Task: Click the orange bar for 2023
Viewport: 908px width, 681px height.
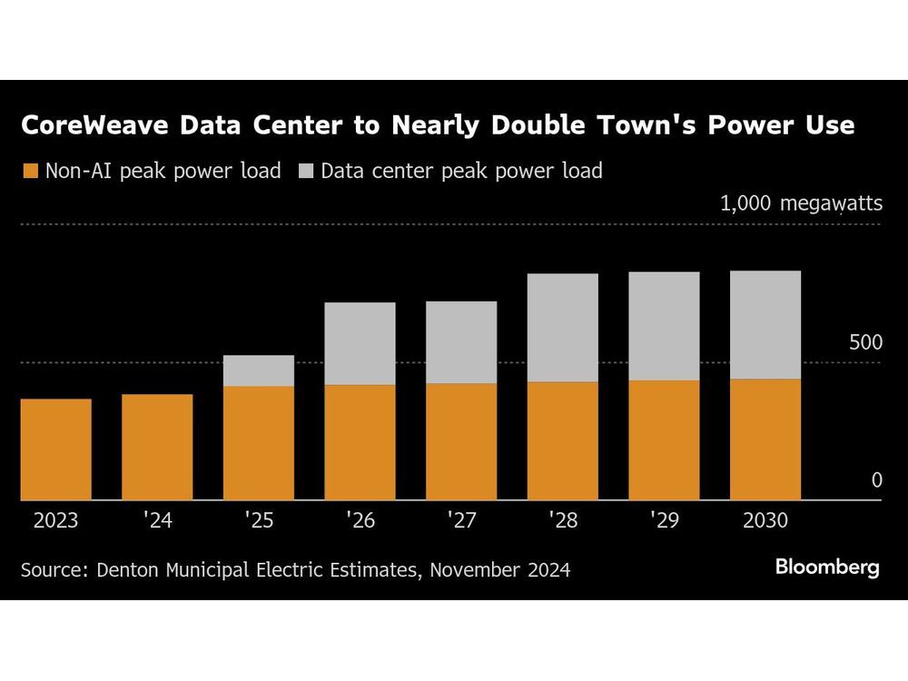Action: (x=55, y=449)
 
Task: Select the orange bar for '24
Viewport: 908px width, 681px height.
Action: (x=157, y=447)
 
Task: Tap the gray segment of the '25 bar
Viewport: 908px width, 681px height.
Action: (x=259, y=370)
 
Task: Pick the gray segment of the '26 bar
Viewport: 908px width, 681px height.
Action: (x=360, y=343)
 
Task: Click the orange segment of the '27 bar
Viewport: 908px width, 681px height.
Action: (x=461, y=441)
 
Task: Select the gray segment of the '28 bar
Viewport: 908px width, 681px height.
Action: (x=563, y=328)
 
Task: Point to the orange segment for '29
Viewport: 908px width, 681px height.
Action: (x=664, y=439)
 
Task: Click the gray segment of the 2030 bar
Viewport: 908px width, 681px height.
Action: (x=765, y=324)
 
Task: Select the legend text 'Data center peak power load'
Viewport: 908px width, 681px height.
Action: (x=461, y=171)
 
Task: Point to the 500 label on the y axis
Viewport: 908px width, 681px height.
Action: (x=865, y=342)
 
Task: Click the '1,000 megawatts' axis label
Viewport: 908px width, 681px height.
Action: (x=801, y=202)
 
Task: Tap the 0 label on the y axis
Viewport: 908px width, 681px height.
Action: (x=876, y=479)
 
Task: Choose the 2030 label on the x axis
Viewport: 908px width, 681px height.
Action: (x=765, y=521)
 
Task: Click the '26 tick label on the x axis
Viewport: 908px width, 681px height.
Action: (x=360, y=521)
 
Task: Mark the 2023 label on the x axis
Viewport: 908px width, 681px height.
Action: (x=55, y=521)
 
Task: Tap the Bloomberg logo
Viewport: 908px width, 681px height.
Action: (x=827, y=567)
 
